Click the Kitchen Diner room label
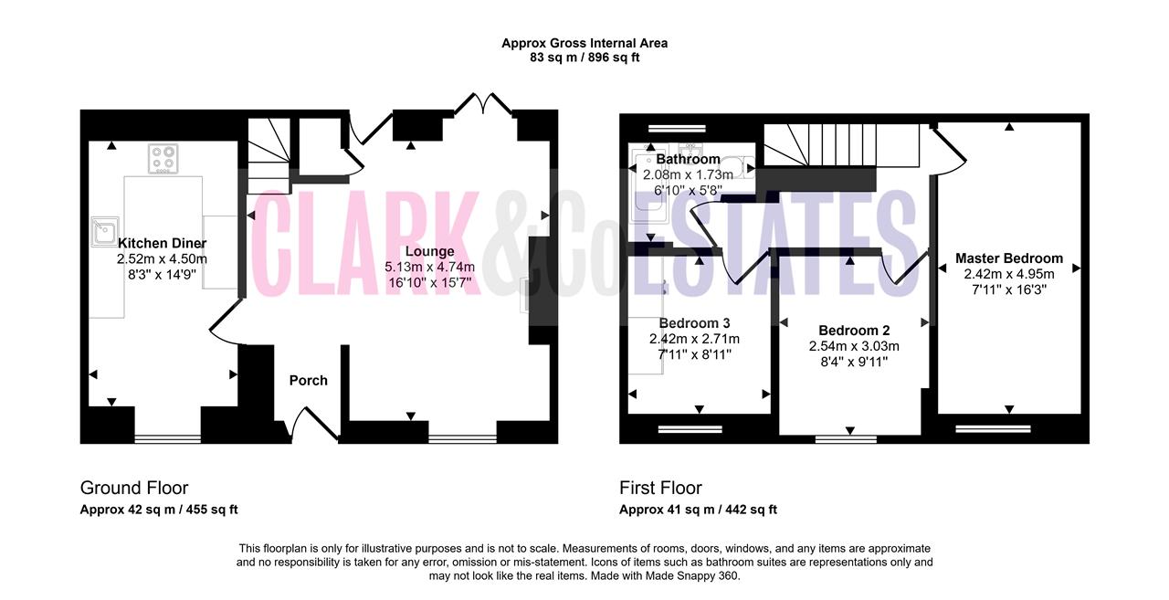point(162,243)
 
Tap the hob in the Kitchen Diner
point(163,159)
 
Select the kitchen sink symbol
point(105,231)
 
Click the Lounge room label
point(429,251)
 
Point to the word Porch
point(309,380)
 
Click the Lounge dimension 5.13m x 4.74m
point(429,268)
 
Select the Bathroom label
point(688,159)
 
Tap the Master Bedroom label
point(1009,258)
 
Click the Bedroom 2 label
point(854,331)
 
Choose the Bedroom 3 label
point(694,323)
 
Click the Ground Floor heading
point(134,488)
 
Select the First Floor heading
point(660,488)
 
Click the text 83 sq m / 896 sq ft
point(584,58)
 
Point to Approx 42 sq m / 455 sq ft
point(159,510)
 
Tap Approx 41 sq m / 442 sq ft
point(698,510)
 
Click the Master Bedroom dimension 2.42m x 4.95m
point(1009,274)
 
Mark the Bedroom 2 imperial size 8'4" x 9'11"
point(854,362)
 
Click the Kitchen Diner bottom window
point(167,439)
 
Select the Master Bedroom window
point(993,429)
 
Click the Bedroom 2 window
point(846,439)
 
